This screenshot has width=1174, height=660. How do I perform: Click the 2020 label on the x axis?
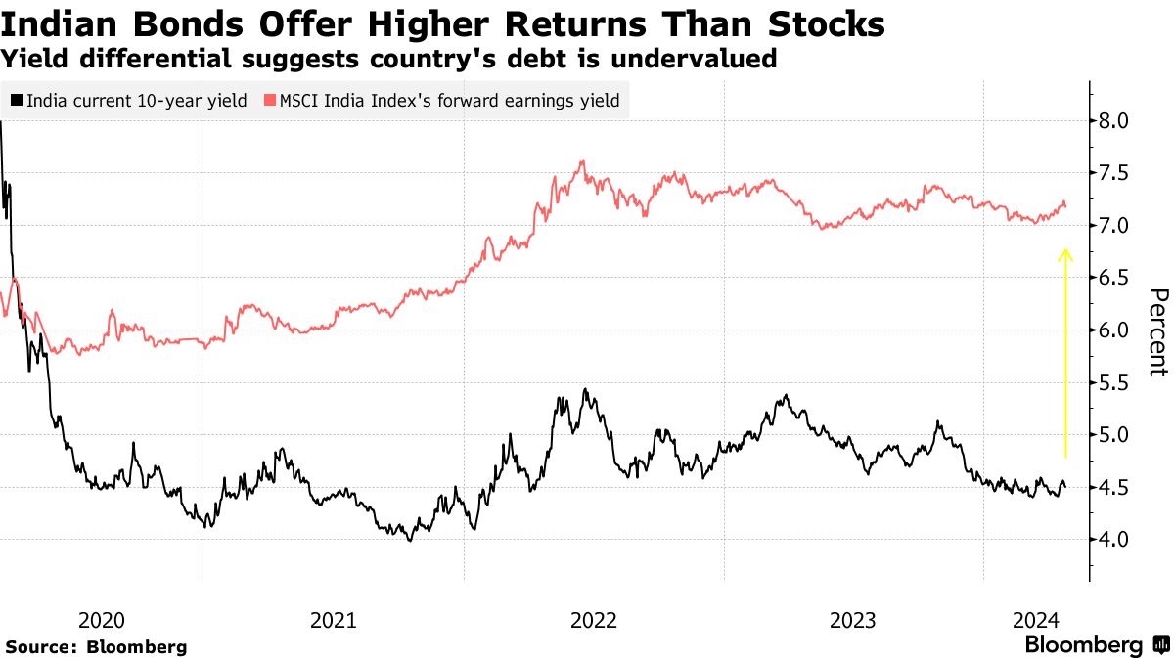(x=100, y=620)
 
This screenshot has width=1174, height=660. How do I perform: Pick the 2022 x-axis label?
(x=593, y=620)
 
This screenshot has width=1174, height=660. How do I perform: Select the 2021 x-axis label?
(x=334, y=620)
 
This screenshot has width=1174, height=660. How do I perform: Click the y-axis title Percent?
(x=1158, y=331)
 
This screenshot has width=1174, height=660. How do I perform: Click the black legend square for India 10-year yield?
(x=16, y=100)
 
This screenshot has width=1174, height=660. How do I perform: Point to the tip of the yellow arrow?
(x=1065, y=251)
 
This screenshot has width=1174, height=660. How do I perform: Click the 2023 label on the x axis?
(x=852, y=620)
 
